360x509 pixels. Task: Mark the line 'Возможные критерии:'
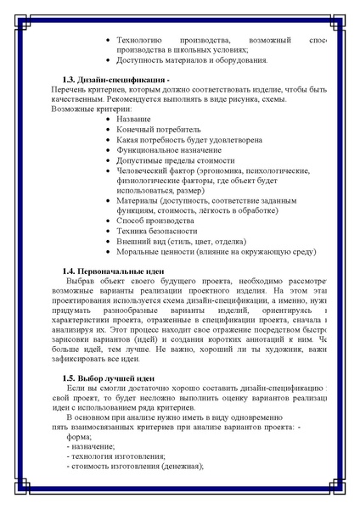coord(92,109)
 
